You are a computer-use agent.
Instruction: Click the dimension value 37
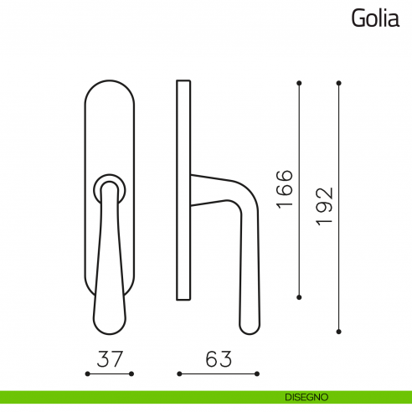[110, 359]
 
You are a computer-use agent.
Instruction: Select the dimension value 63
[218, 359]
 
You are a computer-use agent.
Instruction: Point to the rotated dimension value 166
[284, 189]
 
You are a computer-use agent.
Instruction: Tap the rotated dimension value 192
[324, 206]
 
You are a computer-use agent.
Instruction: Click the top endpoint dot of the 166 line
[300, 83]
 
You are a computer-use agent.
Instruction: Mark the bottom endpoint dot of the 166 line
[300, 296]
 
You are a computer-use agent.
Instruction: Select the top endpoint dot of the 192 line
[339, 83]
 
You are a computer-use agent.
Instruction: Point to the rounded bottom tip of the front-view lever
[110, 327]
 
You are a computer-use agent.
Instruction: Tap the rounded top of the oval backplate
[110, 85]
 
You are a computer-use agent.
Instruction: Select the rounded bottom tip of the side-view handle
[249, 326]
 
